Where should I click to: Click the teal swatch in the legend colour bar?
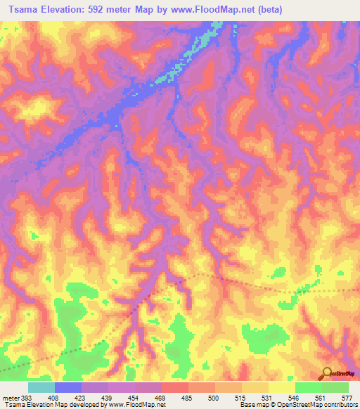(41, 387)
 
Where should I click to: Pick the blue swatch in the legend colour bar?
(68, 387)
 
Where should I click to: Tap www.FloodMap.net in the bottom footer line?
(137, 405)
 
